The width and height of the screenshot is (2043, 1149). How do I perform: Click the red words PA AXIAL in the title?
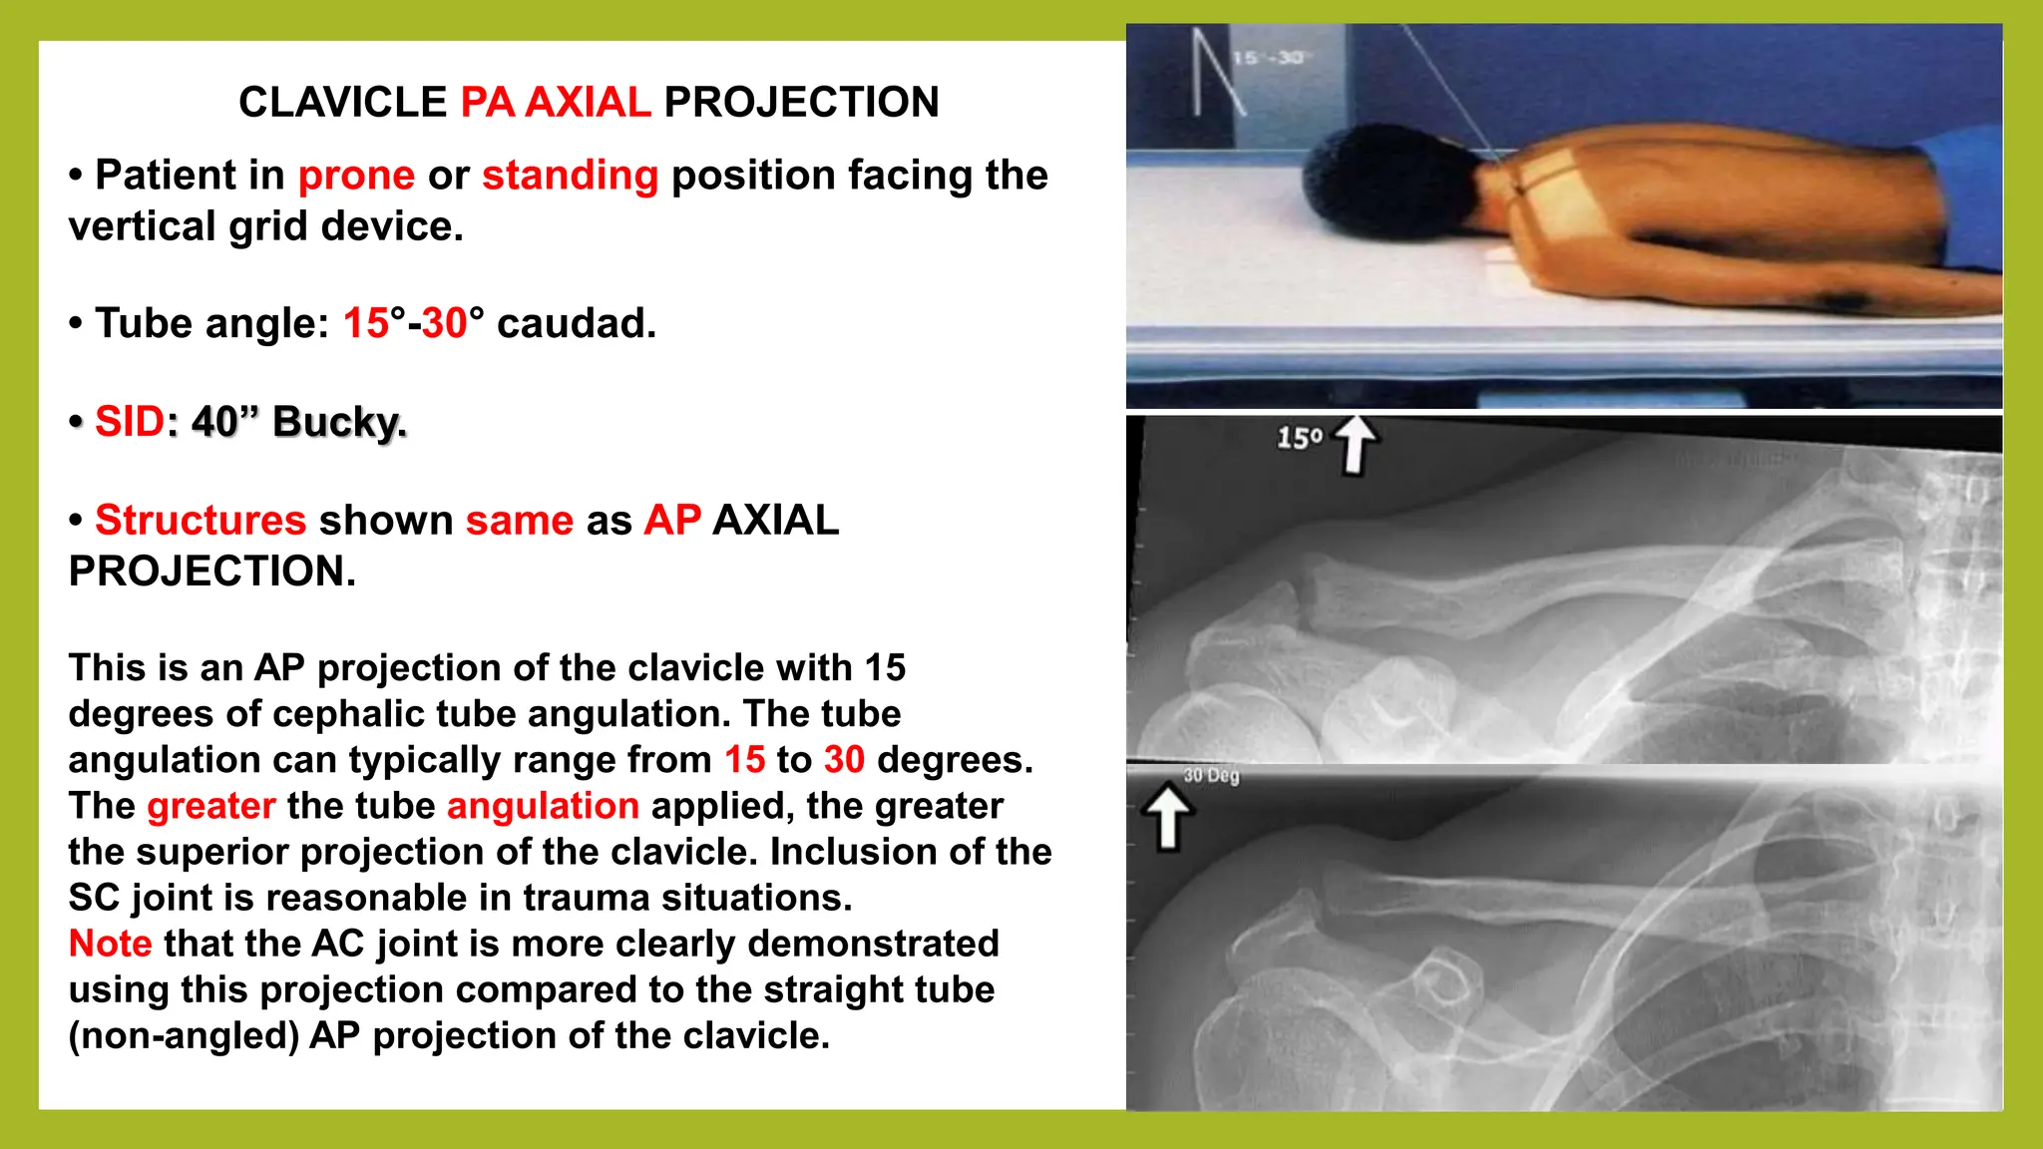tap(555, 102)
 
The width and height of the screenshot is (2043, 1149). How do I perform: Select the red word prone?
tap(356, 176)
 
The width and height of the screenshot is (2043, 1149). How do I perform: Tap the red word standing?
tap(570, 176)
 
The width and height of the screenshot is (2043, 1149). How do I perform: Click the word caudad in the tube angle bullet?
tap(577, 323)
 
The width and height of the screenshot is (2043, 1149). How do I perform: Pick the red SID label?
tap(129, 421)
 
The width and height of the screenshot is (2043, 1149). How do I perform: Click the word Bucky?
tap(339, 421)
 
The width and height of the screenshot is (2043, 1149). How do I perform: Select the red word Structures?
tap(200, 520)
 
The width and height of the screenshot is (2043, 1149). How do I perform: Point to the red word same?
tap(519, 520)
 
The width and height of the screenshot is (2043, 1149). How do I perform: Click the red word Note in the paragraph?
tap(110, 944)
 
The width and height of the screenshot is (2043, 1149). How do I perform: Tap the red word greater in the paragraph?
tap(210, 806)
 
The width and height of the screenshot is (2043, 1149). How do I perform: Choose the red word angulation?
tap(543, 806)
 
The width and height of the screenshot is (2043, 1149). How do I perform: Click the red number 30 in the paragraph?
tap(844, 760)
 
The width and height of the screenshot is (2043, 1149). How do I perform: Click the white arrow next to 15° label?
tap(1355, 444)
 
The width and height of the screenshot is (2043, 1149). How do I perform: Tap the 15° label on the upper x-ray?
tap(1299, 438)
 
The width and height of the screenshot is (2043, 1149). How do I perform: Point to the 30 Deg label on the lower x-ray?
tap(1211, 775)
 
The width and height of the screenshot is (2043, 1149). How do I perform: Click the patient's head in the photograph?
tap(1382, 185)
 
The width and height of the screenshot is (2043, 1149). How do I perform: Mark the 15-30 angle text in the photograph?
tap(1268, 58)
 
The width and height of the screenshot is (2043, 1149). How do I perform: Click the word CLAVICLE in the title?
tap(342, 102)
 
